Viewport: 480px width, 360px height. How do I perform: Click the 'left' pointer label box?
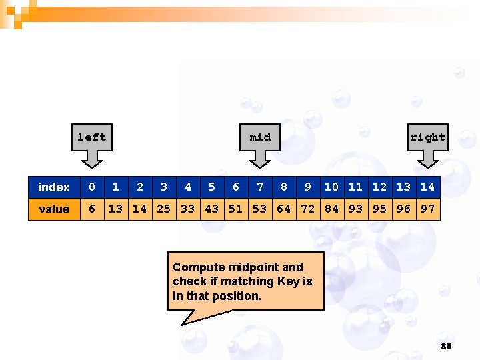[x=91, y=137]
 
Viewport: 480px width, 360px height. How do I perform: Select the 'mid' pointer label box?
[x=260, y=137]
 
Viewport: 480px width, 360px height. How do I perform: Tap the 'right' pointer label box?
[x=427, y=137]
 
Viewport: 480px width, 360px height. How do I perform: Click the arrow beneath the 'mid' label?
[x=260, y=159]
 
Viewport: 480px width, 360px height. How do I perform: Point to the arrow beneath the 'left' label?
[x=91, y=159]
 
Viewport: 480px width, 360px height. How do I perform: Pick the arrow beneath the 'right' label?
[x=427, y=159]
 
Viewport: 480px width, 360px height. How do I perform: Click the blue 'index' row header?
[x=54, y=187]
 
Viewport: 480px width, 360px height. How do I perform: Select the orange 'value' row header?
[x=54, y=209]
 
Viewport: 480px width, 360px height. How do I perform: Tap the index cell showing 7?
[x=260, y=187]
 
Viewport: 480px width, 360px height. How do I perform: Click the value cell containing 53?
[x=260, y=209]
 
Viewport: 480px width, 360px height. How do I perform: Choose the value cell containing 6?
[x=92, y=209]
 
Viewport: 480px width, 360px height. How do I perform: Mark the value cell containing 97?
[x=428, y=209]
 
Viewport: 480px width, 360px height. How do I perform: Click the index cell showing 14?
[x=428, y=187]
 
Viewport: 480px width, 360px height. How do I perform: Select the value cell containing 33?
[x=188, y=209]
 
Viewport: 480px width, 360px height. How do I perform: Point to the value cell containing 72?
[x=308, y=209]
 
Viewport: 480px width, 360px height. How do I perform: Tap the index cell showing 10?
[x=332, y=187]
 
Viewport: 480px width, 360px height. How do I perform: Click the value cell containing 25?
[x=164, y=209]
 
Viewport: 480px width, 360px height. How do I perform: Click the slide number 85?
[x=447, y=346]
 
